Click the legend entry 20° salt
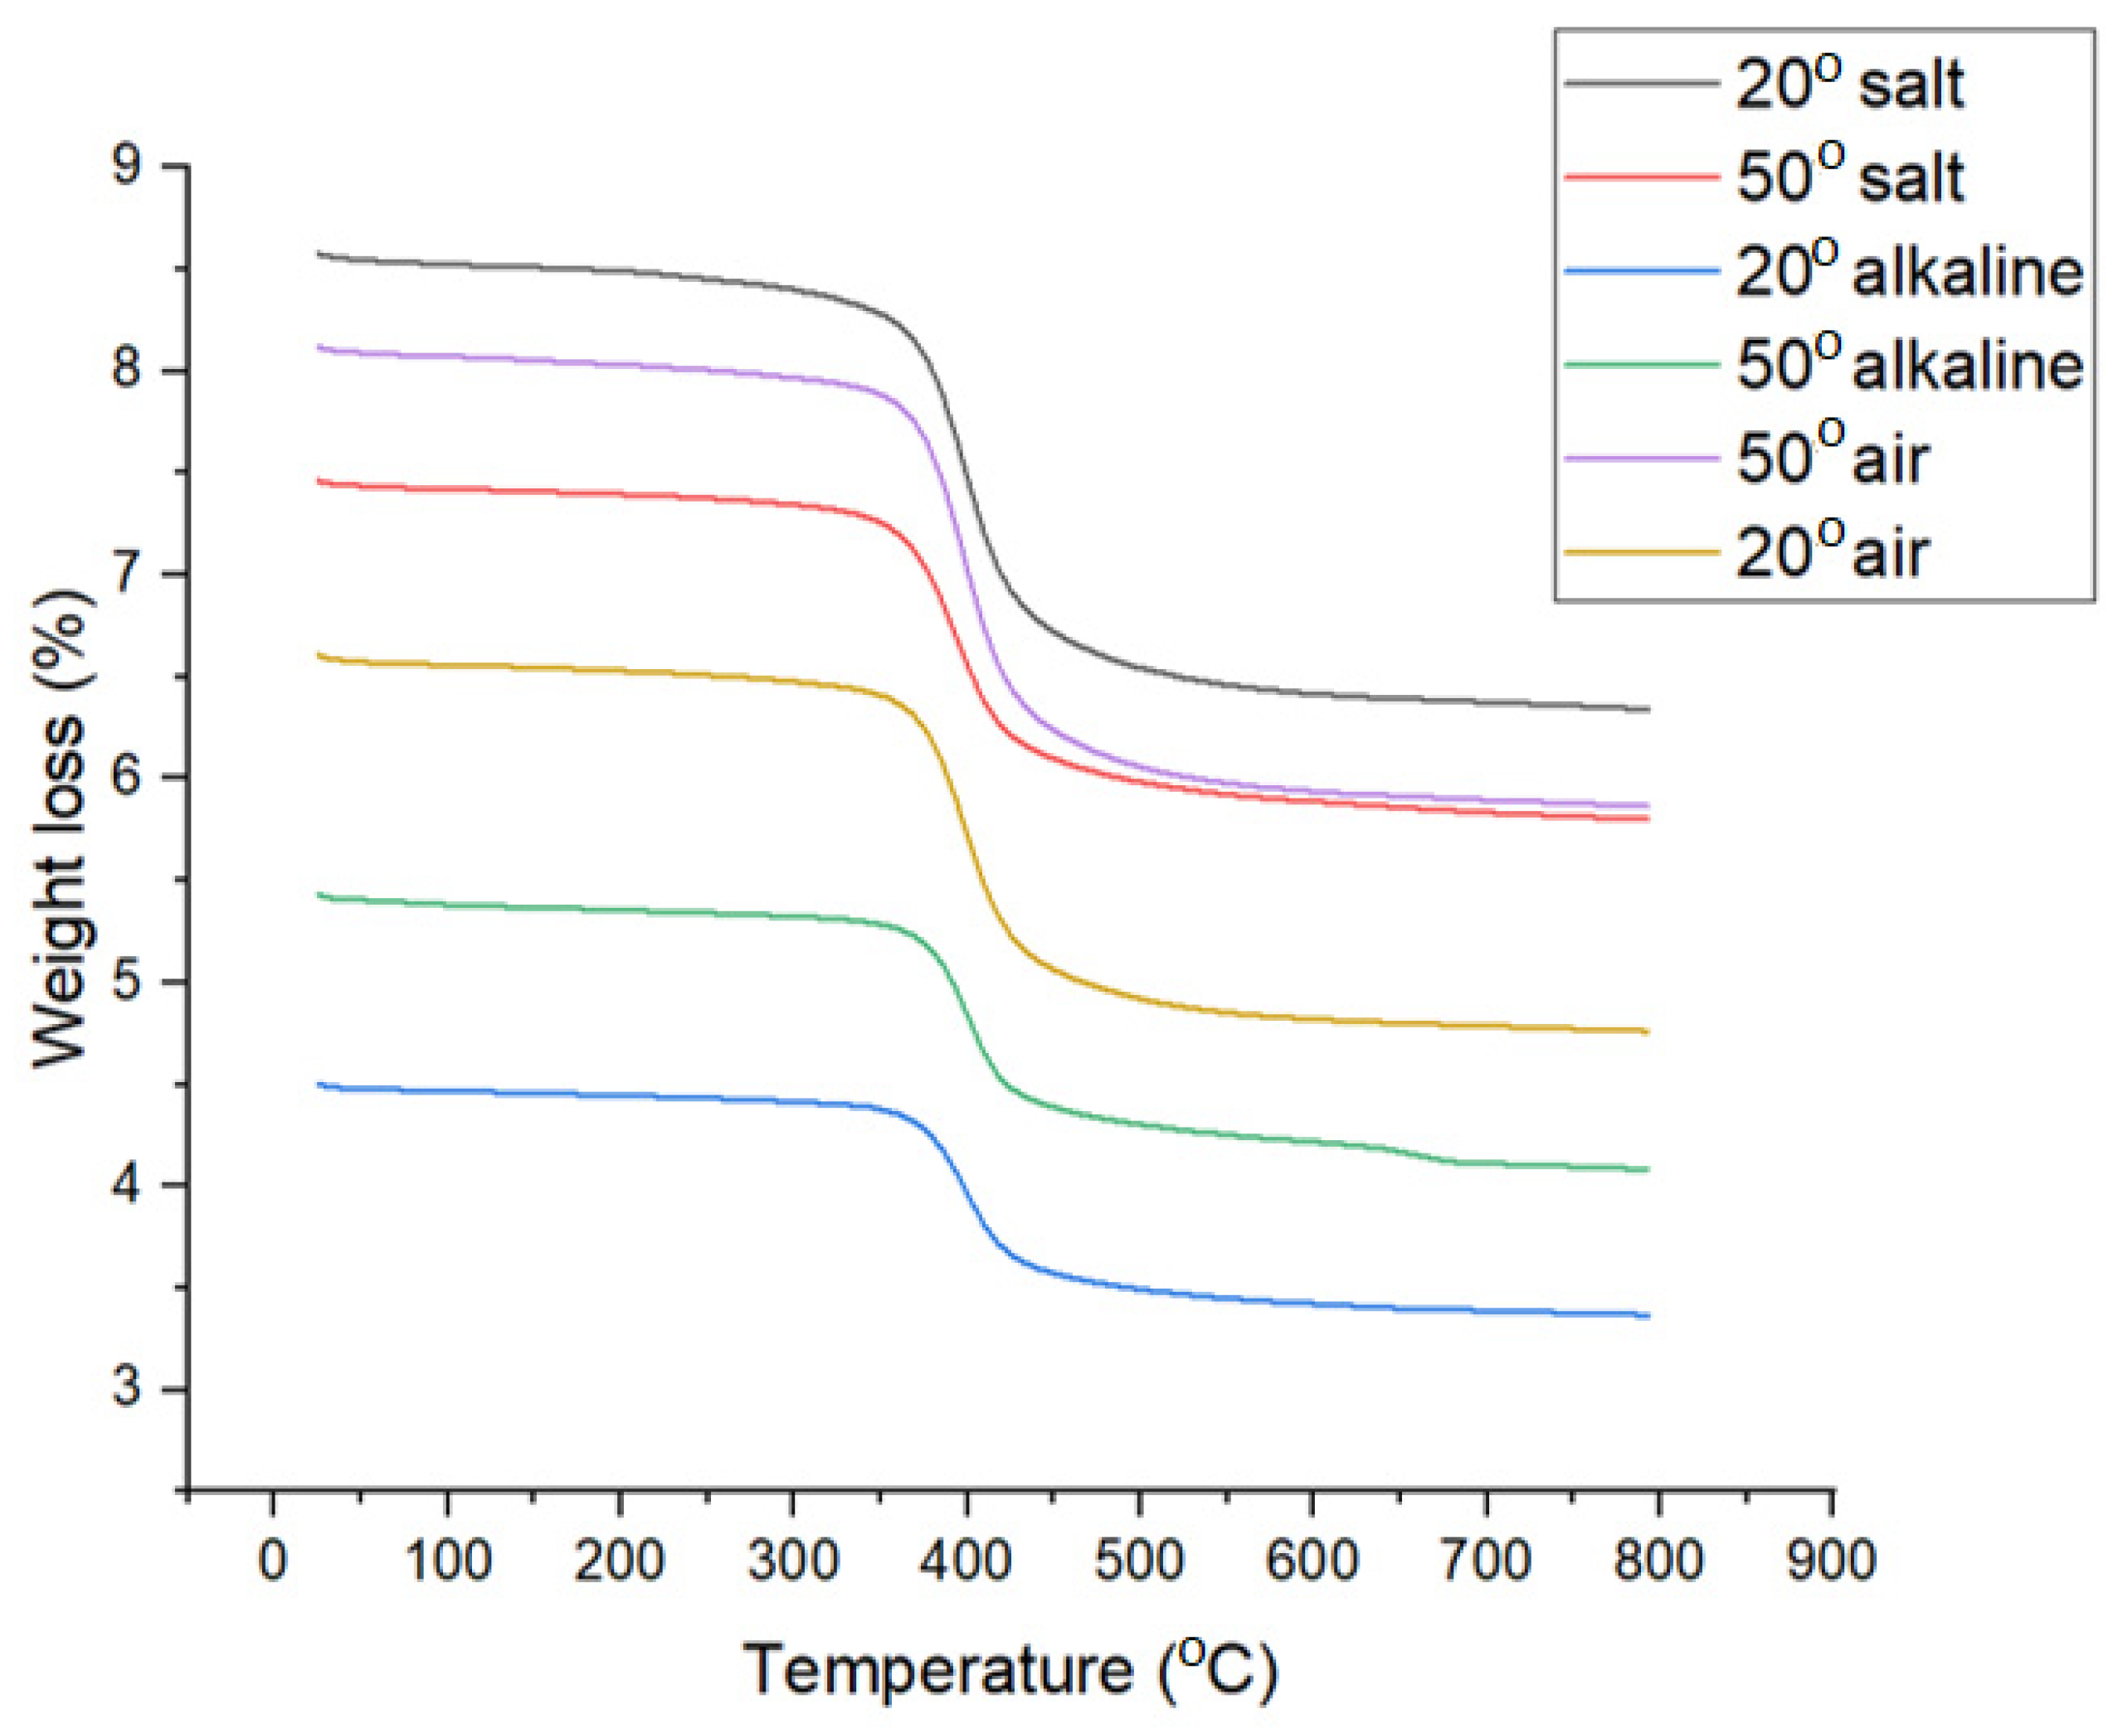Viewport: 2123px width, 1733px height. click(x=1848, y=84)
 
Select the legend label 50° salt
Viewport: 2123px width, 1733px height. click(x=1848, y=177)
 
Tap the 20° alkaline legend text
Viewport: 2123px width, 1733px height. click(x=1908, y=270)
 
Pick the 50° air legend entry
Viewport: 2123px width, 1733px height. click(x=1832, y=459)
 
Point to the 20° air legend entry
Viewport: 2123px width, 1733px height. click(x=1832, y=551)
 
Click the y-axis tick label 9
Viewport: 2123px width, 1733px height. click(x=127, y=166)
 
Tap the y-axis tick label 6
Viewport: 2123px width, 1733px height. click(x=127, y=778)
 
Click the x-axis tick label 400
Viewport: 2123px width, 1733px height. click(x=966, y=1561)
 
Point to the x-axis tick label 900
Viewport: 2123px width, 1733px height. click(x=1830, y=1561)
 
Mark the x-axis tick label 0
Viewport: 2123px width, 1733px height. click(x=273, y=1561)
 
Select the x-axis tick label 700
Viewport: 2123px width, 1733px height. click(x=1486, y=1561)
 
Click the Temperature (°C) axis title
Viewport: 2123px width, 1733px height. click(x=1010, y=1668)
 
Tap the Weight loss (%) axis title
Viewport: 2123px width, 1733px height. click(x=62, y=828)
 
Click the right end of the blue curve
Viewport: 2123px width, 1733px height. click(x=1648, y=1316)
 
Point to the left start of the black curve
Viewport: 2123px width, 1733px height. click(x=319, y=254)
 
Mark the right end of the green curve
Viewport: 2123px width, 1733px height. click(x=1648, y=1169)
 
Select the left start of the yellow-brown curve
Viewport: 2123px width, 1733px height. click(x=319, y=655)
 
